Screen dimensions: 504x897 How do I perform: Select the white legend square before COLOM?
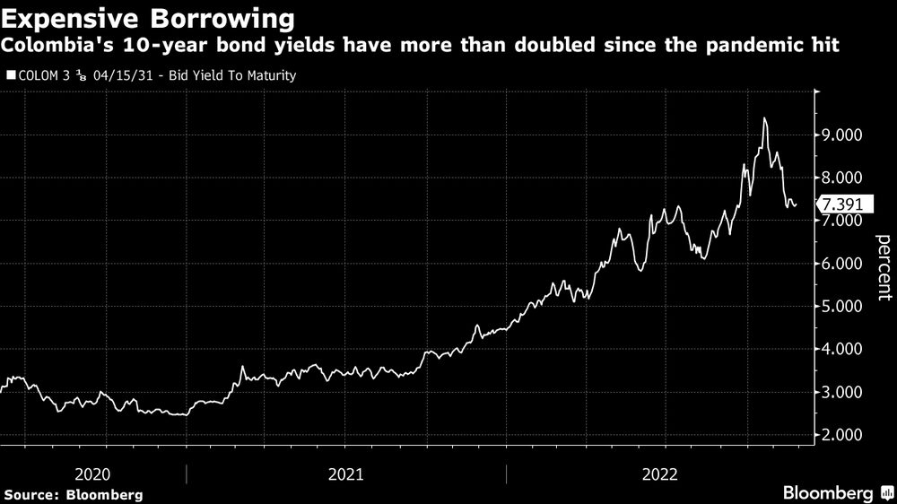pos(10,76)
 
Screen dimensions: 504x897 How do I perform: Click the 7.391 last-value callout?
pos(844,205)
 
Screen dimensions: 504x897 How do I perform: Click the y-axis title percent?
pos(883,265)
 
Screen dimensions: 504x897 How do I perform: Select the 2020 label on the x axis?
pos(93,474)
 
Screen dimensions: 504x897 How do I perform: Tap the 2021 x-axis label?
pos(346,474)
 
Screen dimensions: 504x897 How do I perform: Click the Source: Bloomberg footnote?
pos(74,494)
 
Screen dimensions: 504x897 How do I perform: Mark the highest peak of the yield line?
pos(764,118)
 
